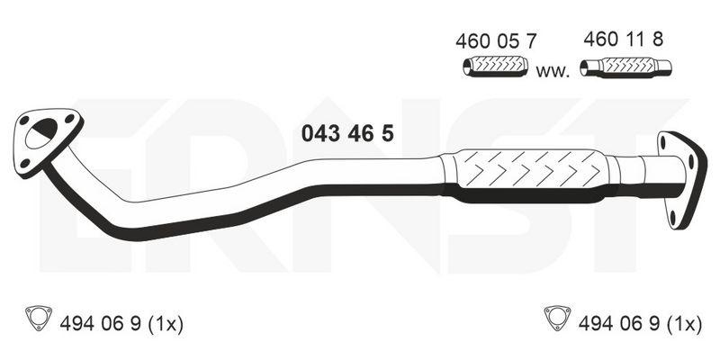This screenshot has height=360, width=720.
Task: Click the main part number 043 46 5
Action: click(347, 134)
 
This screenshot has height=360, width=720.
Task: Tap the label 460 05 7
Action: click(496, 41)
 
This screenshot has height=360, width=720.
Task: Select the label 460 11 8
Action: click(623, 40)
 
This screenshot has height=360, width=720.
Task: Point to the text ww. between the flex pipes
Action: click(553, 72)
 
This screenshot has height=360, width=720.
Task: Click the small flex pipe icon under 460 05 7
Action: click(496, 66)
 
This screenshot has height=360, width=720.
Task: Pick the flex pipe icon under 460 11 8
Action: click(625, 67)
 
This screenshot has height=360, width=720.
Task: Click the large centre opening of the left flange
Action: click(41, 134)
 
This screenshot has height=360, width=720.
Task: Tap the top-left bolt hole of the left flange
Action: click(23, 121)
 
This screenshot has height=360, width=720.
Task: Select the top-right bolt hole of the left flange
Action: click(69, 118)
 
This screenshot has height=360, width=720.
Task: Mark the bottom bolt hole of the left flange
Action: click(26, 163)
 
